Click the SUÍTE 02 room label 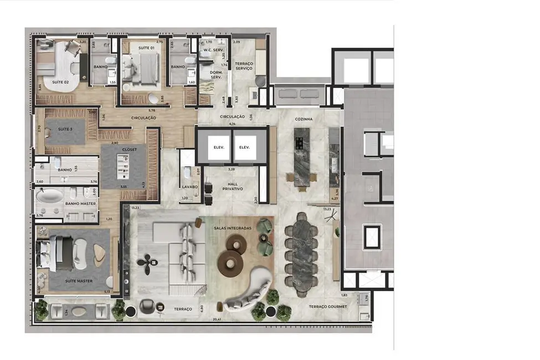coord(60,82)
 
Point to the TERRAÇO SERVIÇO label coord(244,66)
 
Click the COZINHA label coord(304,119)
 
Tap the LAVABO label coord(190,187)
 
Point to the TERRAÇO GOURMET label coord(328,306)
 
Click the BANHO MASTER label coord(80,204)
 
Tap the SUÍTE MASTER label coord(78,281)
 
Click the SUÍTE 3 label coord(65,129)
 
